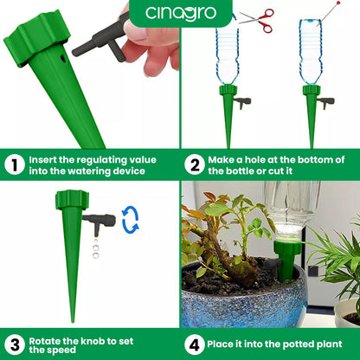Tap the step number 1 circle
coord(13,164)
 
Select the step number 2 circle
coord(194,164)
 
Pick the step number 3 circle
coord(13,344)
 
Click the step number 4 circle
coord(194,344)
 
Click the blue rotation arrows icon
coord(131,219)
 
